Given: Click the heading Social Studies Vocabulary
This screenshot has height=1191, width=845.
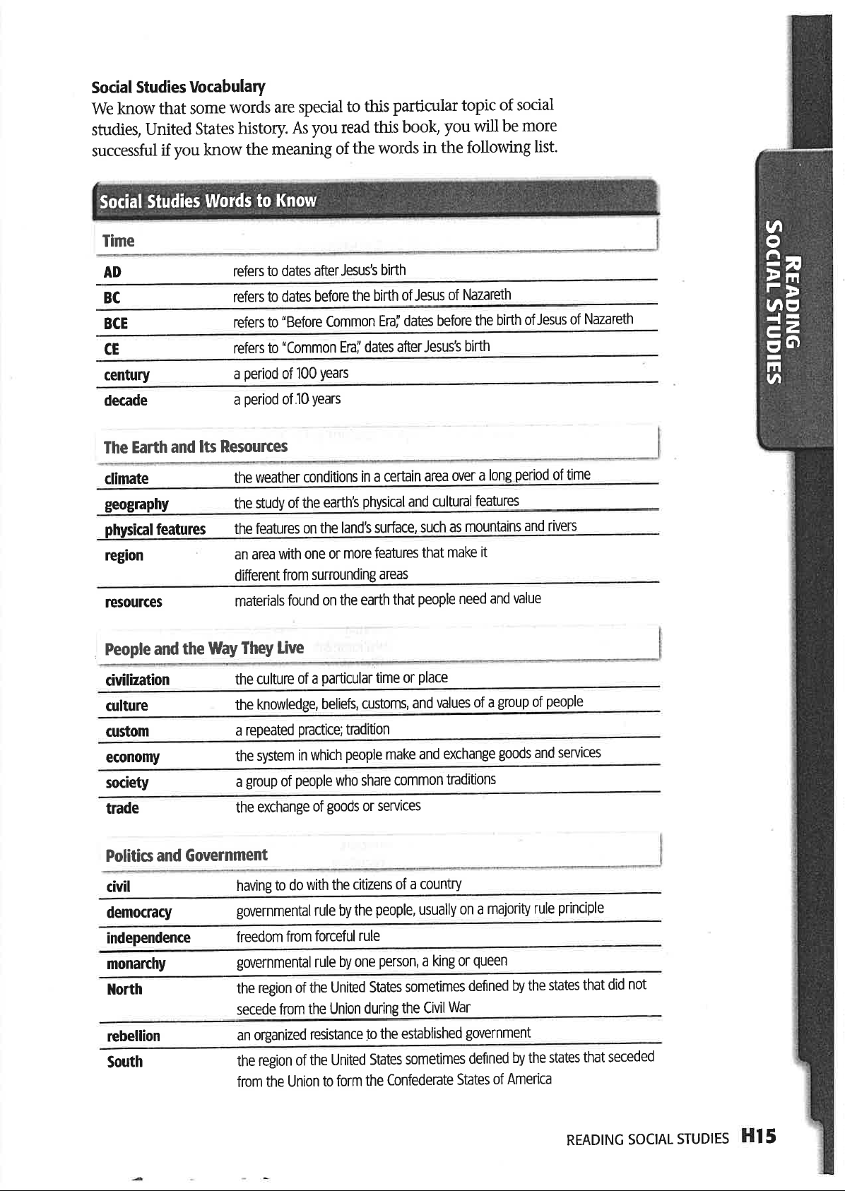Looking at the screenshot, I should (178, 87).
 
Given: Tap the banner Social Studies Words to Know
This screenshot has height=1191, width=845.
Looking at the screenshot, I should (208, 201).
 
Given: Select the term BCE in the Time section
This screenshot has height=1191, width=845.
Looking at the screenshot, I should (115, 324).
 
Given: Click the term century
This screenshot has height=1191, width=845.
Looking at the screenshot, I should (126, 375).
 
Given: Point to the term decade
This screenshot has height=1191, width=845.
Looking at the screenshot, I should (125, 401).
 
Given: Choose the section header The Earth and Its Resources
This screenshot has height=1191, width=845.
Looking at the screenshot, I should (195, 446).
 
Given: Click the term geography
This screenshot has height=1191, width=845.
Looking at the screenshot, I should (136, 504).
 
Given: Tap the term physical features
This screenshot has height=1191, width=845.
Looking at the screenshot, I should (155, 530).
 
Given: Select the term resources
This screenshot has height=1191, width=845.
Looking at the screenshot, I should (133, 602).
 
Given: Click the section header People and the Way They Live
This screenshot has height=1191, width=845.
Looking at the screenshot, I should (204, 648).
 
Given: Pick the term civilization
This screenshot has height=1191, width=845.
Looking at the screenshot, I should (137, 680).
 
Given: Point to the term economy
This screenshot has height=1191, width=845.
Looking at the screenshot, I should (132, 757).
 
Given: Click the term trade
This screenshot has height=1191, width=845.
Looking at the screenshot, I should (122, 808).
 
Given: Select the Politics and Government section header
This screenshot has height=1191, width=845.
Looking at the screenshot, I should (187, 855).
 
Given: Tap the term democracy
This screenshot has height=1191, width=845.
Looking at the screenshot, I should (138, 912).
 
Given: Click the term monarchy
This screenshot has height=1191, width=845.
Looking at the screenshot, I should (136, 964).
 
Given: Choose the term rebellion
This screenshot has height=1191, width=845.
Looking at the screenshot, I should (133, 1036).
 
